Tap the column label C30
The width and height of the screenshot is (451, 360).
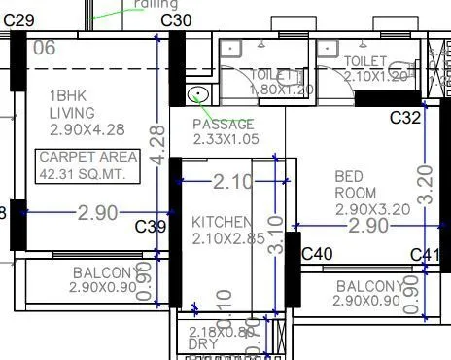point(175,19)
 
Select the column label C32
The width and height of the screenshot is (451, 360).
point(405,118)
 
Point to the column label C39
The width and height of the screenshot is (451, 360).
point(151,227)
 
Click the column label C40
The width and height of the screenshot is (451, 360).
point(317,254)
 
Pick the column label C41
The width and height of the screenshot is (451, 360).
point(426,255)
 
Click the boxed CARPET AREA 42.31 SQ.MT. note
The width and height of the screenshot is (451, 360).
point(85,165)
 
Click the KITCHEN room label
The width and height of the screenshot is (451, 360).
point(223,231)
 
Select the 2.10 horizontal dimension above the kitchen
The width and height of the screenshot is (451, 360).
point(233,181)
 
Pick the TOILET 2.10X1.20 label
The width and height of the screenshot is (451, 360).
point(379,68)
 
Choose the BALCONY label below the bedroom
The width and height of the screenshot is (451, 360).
point(370,293)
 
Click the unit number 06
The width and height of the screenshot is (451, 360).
point(45,47)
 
